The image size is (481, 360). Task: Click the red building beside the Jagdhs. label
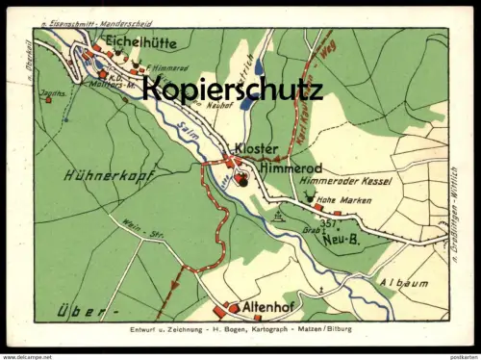(47, 96)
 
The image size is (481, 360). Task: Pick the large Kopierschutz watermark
(233, 90)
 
